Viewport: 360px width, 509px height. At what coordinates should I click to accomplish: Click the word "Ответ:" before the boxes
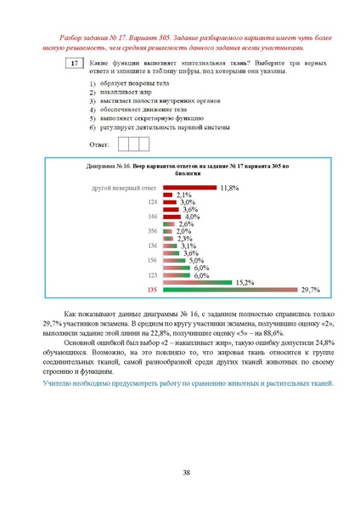coord(100,144)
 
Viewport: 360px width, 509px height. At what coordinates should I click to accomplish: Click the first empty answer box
coord(123,144)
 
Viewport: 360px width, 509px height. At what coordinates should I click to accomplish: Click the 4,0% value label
coord(192,217)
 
